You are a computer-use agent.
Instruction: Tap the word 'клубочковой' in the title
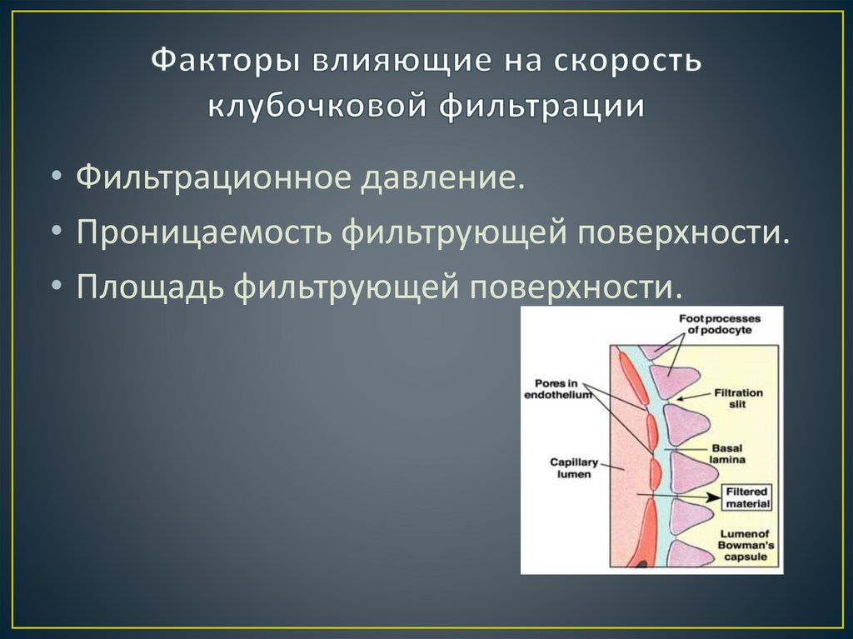(x=312, y=107)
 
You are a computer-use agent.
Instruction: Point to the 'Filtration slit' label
(x=737, y=398)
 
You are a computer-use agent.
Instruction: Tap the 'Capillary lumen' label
(x=571, y=467)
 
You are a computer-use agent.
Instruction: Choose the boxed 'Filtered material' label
(x=747, y=497)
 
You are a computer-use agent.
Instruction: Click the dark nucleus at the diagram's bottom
(x=641, y=564)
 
